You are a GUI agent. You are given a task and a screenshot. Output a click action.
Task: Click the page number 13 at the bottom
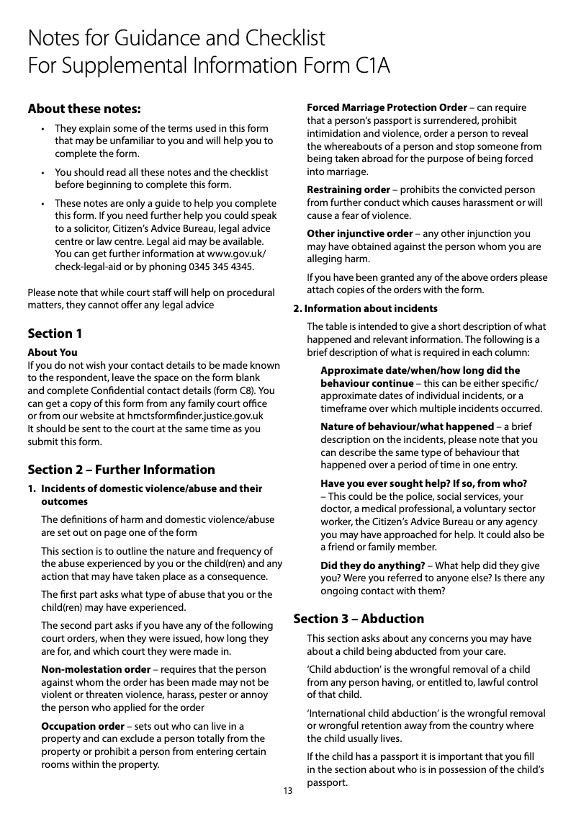[x=288, y=791]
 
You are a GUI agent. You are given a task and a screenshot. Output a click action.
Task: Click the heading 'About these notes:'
[x=84, y=109]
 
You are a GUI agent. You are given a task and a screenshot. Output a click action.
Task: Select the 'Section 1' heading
[x=55, y=334]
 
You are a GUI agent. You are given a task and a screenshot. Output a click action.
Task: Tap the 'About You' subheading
[x=52, y=352]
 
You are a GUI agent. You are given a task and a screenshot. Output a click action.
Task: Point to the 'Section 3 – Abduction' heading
[x=359, y=619]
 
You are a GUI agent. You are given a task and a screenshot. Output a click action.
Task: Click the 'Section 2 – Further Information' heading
[x=121, y=470]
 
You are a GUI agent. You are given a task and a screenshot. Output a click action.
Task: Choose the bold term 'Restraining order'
[x=348, y=189]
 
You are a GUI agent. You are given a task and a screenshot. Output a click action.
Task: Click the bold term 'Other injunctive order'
[x=359, y=233]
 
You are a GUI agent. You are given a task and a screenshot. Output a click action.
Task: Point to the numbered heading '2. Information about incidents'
[x=365, y=308]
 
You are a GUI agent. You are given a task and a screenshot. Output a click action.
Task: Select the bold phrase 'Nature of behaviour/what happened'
[x=407, y=426]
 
